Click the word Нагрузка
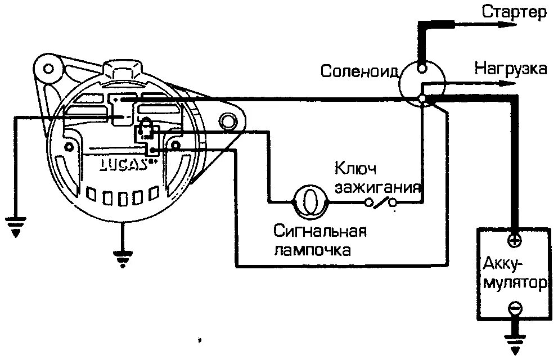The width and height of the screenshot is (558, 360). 511,69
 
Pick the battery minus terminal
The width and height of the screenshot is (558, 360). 514,308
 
